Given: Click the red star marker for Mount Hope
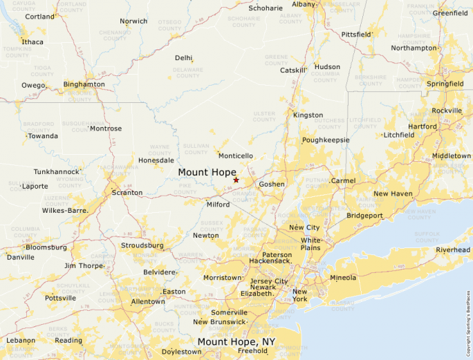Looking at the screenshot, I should click(x=236, y=180).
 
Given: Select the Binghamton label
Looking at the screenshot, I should click(x=84, y=84).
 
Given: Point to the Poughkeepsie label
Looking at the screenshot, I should click(x=326, y=140).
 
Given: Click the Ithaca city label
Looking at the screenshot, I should click(x=32, y=42).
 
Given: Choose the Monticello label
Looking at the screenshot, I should click(x=236, y=156).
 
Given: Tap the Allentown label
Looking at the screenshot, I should click(x=148, y=302).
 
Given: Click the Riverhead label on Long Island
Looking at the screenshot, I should click(x=453, y=250).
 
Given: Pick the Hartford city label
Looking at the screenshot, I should click(x=423, y=127).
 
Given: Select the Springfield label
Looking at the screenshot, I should click(x=445, y=84).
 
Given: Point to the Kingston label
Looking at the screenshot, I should click(x=308, y=115).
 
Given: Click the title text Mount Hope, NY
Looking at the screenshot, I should click(x=237, y=342).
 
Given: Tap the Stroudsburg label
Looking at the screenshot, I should click(x=142, y=245).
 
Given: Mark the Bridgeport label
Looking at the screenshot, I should click(x=364, y=216).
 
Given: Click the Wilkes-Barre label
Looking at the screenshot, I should click(x=65, y=210).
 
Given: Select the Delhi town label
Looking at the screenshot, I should click(x=183, y=58).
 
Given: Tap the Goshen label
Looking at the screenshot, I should click(x=272, y=184).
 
